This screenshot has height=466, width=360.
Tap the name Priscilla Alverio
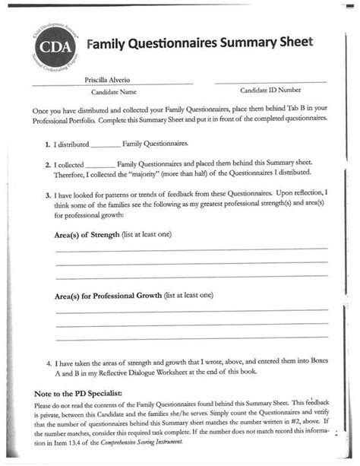pyautogui.click(x=109, y=79)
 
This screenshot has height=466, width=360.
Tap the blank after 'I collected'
pyautogui.click(x=100, y=164)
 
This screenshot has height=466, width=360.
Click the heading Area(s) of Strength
pyautogui.click(x=87, y=236)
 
